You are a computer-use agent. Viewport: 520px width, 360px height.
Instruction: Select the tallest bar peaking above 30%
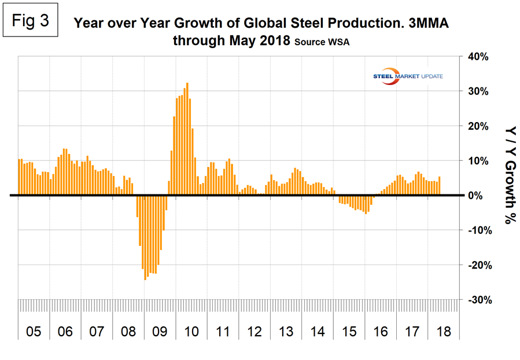pyautogui.click(x=187, y=139)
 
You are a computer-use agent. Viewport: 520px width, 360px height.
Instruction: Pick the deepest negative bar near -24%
pyautogui.click(x=145, y=238)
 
